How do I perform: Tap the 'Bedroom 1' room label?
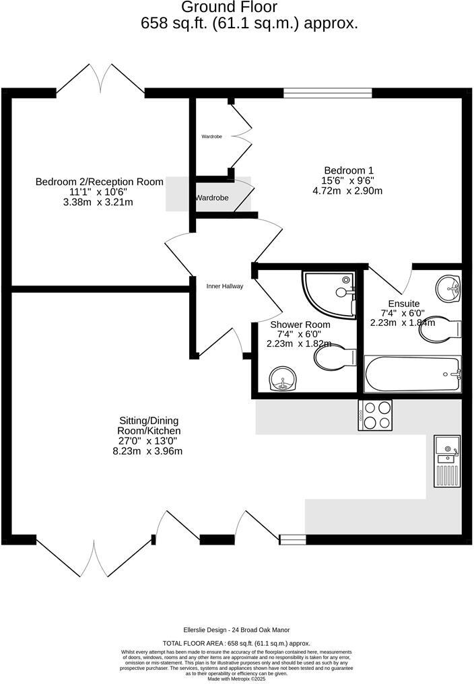click(x=348, y=170)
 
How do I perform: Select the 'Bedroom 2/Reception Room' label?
click(x=99, y=182)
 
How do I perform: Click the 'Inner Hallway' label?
click(x=224, y=286)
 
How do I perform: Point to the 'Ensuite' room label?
click(x=403, y=304)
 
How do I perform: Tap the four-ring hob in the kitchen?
click(x=376, y=415)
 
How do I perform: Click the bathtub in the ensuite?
click(x=412, y=374)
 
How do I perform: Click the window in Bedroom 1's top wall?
click(x=327, y=93)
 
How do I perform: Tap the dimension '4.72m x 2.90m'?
click(x=347, y=191)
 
